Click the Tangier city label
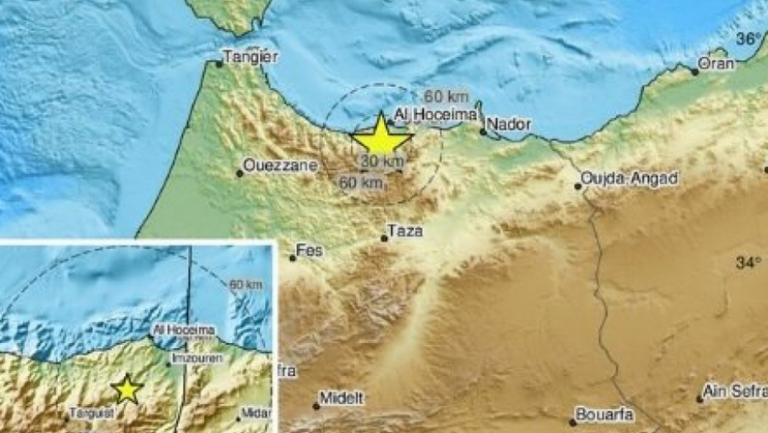click(x=252, y=57)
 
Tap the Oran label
click(x=716, y=63)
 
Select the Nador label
click(x=508, y=125)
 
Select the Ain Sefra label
click(x=732, y=389)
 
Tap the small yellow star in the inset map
click(x=126, y=389)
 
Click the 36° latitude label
click(x=748, y=39)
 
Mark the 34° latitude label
click(x=748, y=263)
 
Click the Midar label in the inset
click(x=254, y=413)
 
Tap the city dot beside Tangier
click(x=220, y=63)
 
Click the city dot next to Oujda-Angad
click(x=577, y=186)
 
